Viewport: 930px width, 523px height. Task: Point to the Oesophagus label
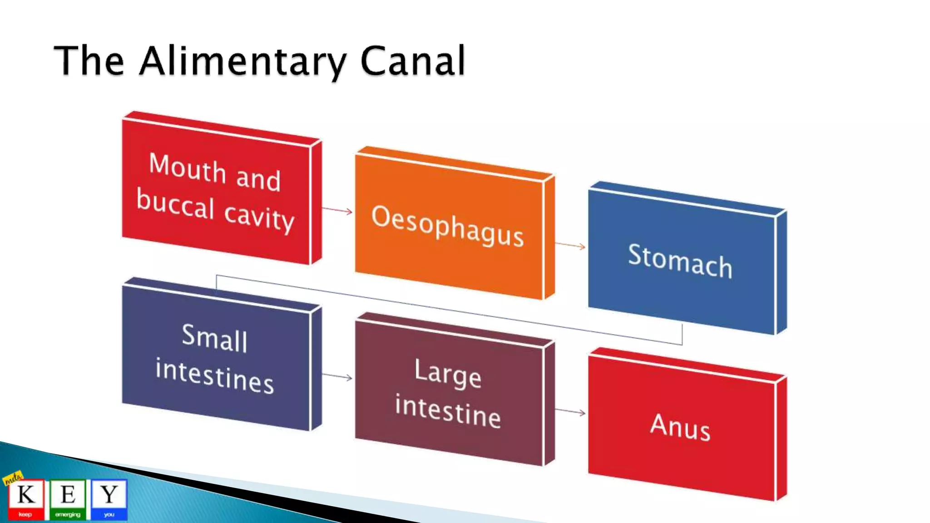tap(447, 226)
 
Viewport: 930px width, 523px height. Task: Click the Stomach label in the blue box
tap(680, 261)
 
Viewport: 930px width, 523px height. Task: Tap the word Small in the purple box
tap(215, 338)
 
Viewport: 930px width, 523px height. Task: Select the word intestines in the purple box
tap(215, 375)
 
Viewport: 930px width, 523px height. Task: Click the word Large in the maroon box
tap(448, 374)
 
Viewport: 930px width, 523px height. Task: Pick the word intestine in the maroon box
tap(448, 411)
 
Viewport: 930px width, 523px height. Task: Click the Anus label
tap(680, 427)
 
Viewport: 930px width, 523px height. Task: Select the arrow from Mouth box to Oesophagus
tap(337, 210)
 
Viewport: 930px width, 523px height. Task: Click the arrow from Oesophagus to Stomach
tap(570, 246)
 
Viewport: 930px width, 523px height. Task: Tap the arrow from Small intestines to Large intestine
tap(337, 376)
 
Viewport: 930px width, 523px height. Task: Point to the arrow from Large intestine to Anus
tap(570, 411)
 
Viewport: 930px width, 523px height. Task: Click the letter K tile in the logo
tap(26, 498)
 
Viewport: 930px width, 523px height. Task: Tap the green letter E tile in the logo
tap(68, 498)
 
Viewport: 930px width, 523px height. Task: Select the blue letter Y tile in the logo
tap(109, 498)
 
